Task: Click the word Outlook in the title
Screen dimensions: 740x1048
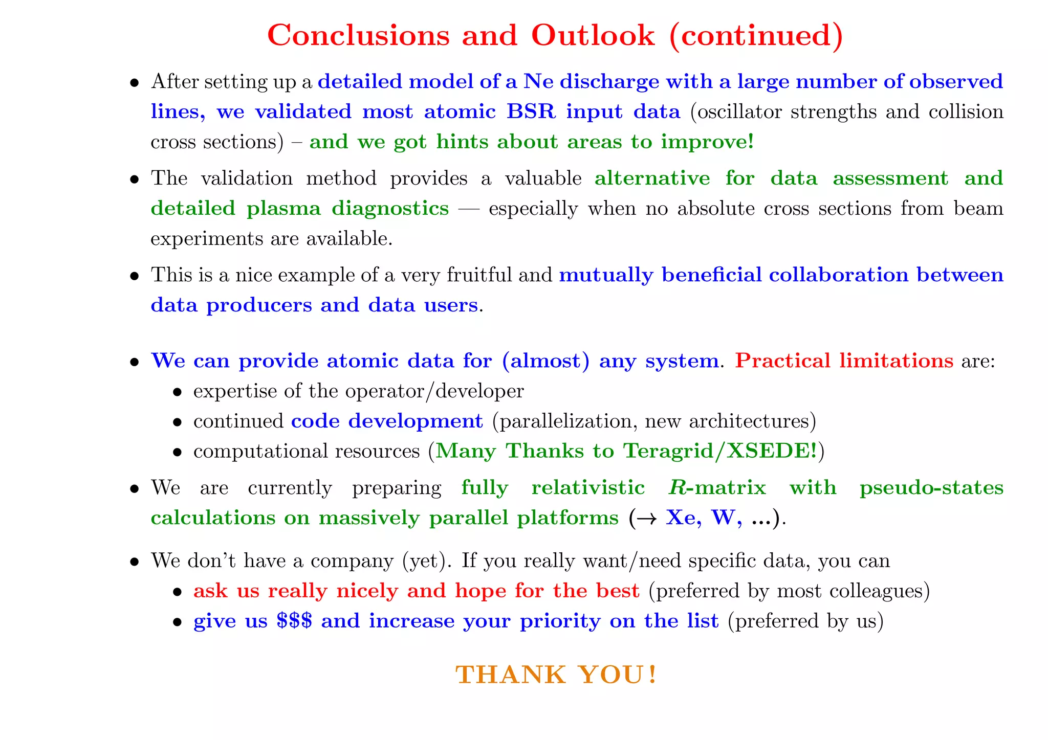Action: coord(593,35)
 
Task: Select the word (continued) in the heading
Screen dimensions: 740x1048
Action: coord(755,35)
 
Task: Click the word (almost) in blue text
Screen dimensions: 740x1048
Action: coord(546,361)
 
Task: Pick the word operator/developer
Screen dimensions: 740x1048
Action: coord(434,391)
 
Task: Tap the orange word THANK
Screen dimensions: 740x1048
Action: coord(510,675)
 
